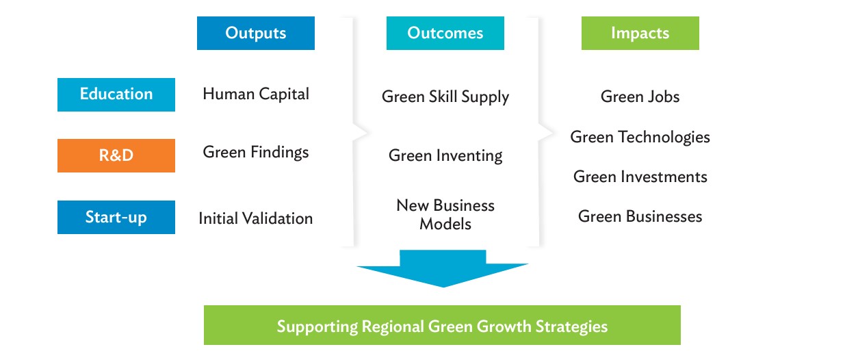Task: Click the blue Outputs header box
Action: point(256,34)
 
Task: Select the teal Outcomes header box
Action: point(445,34)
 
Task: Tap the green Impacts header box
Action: point(640,34)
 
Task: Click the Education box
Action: point(116,94)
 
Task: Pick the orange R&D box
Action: point(116,155)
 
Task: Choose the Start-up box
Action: point(116,218)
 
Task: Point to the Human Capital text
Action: point(256,94)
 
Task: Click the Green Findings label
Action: point(256,153)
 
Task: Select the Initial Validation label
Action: point(256,218)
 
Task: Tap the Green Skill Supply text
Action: point(445,97)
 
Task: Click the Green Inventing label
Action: point(445,155)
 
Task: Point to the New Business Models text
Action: point(445,214)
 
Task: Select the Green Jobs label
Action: point(640,97)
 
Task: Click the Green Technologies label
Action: point(640,137)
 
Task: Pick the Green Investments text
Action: point(640,177)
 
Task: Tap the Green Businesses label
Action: point(640,216)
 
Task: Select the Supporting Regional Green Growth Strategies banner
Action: point(442,325)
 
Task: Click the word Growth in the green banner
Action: point(504,326)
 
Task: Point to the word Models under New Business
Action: point(445,224)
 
